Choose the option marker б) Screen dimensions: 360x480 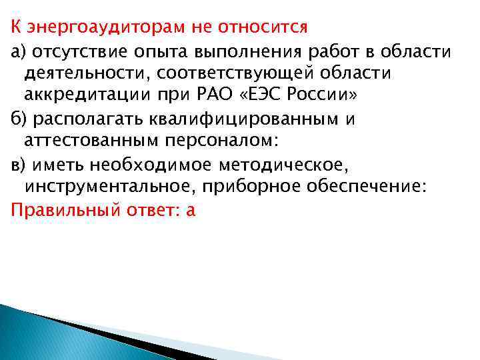coord(18,119)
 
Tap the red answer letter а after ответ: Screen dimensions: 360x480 coord(191,211)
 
